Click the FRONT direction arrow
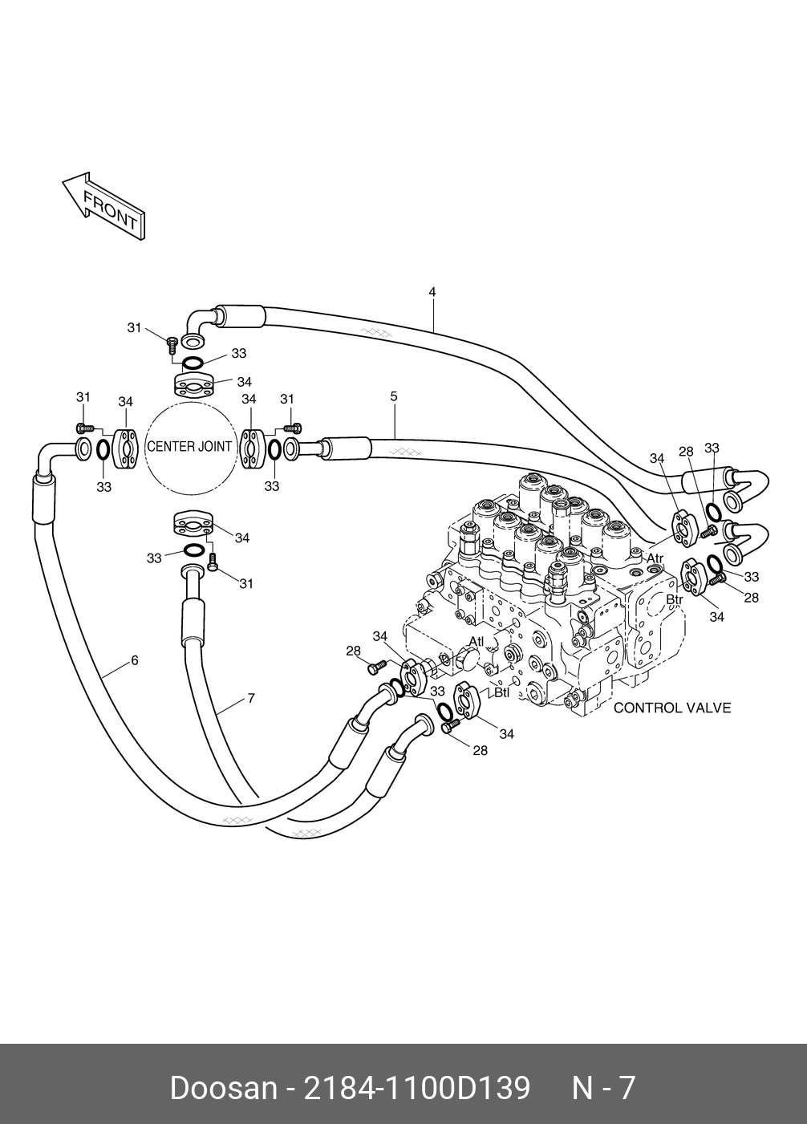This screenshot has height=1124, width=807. (103, 205)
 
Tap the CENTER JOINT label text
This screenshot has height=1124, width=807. (189, 446)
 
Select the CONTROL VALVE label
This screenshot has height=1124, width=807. (672, 708)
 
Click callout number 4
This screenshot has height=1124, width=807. (432, 291)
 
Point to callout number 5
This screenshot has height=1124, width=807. (394, 396)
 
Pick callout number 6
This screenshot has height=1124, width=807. (135, 660)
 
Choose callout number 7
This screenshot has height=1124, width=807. (251, 698)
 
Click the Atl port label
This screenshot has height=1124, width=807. (476, 641)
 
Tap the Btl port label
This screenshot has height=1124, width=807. (502, 693)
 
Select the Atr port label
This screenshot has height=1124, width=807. (655, 558)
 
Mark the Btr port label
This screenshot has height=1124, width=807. (675, 599)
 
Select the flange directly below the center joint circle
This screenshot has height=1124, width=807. (193, 525)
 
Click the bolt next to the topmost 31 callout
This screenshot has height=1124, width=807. (171, 343)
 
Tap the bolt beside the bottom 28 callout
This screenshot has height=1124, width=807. (450, 726)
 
